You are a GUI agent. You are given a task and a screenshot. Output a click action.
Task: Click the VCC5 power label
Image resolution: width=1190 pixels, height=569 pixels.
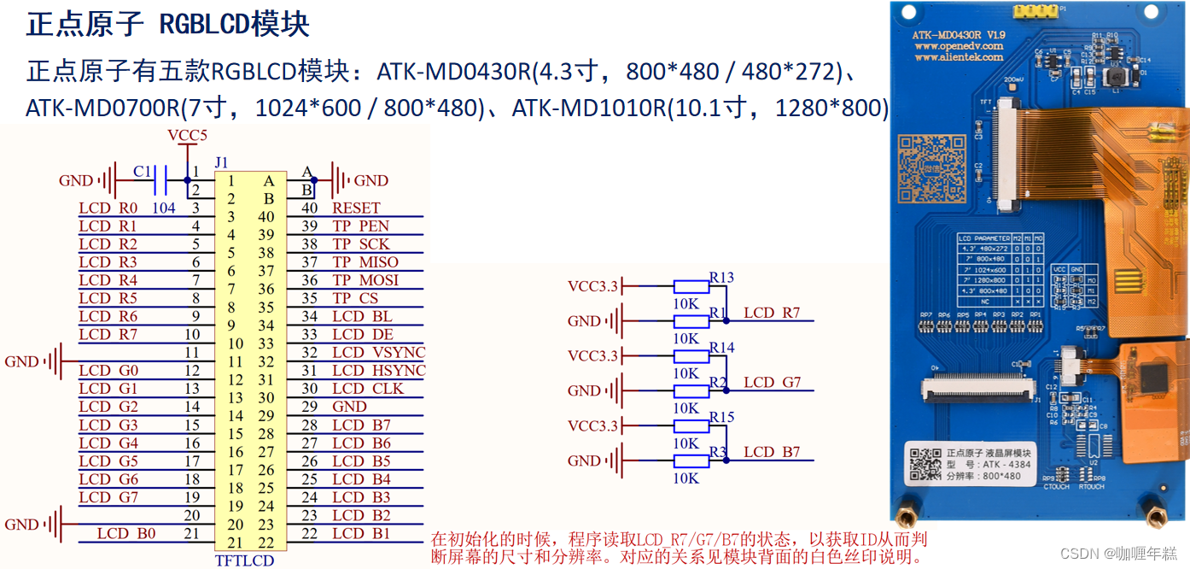[187, 136]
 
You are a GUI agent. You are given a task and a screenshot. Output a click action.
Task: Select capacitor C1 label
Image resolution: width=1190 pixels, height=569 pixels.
[143, 171]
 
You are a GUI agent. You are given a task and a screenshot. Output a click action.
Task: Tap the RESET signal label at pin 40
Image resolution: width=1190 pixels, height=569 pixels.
[356, 208]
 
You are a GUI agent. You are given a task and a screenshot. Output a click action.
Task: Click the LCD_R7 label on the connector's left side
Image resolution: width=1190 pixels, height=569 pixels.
[108, 334]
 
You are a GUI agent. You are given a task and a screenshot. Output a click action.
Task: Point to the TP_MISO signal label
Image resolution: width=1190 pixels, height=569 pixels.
[365, 262]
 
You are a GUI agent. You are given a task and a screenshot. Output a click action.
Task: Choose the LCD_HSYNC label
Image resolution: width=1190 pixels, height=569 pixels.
[378, 370]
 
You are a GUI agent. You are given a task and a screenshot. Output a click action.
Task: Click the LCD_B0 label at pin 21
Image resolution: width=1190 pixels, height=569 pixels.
[126, 533]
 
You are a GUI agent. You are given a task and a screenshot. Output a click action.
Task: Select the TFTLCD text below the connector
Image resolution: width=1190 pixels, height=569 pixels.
[244, 560]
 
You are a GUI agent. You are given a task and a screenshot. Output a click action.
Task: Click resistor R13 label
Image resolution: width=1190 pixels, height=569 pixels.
[721, 278]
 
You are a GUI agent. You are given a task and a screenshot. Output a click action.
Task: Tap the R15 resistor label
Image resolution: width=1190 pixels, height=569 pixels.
[721, 417]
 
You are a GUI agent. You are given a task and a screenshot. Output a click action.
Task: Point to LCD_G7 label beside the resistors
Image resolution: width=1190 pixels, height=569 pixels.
[772, 383]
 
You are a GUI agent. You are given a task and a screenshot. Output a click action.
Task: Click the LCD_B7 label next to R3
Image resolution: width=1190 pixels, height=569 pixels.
[772, 452]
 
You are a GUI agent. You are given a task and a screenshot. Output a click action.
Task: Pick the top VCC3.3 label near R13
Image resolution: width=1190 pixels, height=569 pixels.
[592, 286]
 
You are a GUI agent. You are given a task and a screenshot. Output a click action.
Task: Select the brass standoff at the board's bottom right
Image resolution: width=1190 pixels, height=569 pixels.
[1157, 515]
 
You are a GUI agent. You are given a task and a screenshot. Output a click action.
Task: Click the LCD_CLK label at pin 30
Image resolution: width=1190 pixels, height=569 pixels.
[368, 388]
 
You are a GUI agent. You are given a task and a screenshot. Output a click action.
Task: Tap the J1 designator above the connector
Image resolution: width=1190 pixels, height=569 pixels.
[222, 162]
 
